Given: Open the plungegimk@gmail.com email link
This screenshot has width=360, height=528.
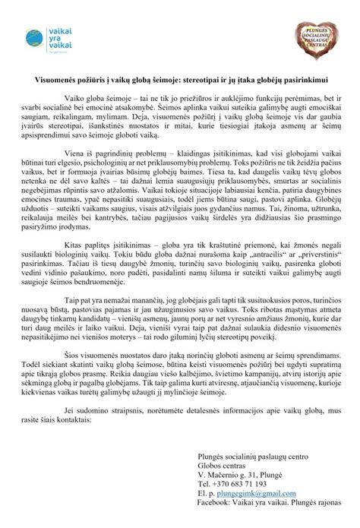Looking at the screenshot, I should coord(251,492).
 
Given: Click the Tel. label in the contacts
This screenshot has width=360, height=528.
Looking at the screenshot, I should coord(203,483).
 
